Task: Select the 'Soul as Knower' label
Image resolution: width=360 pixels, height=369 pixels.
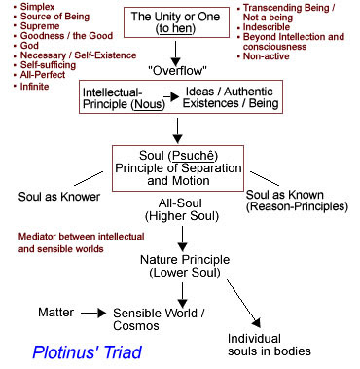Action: (x=59, y=197)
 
